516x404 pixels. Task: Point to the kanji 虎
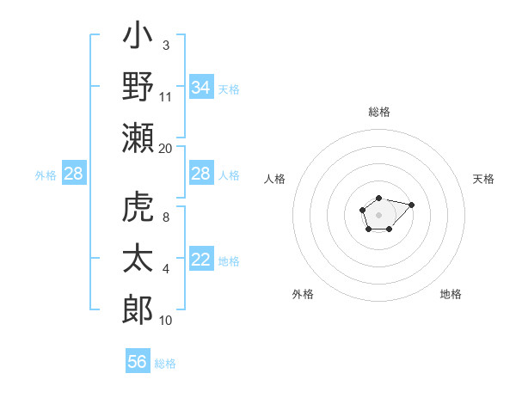pyautogui.click(x=138, y=210)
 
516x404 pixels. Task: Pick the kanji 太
pyautogui.click(x=138, y=259)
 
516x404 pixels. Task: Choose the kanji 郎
pyautogui.click(x=138, y=307)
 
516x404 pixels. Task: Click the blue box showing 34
pyautogui.click(x=201, y=87)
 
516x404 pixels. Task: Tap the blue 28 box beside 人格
pyautogui.click(x=201, y=174)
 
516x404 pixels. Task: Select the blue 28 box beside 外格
pyautogui.click(x=74, y=174)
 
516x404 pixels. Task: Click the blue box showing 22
pyautogui.click(x=201, y=260)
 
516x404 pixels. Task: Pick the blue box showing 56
pyautogui.click(x=138, y=362)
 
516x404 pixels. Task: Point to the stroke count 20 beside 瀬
pyautogui.click(x=165, y=148)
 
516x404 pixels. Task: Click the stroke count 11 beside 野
pyautogui.click(x=166, y=96)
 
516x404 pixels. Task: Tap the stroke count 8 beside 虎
pyautogui.click(x=165, y=218)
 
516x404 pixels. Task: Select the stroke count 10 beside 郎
pyautogui.click(x=166, y=321)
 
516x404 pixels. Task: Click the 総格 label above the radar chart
pyautogui.click(x=378, y=112)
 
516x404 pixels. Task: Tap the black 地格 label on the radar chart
pyautogui.click(x=451, y=295)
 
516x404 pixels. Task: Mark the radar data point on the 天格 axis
pyautogui.click(x=411, y=205)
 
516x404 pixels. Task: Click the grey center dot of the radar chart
pyautogui.click(x=378, y=213)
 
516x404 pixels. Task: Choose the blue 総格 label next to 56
pyautogui.click(x=165, y=364)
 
